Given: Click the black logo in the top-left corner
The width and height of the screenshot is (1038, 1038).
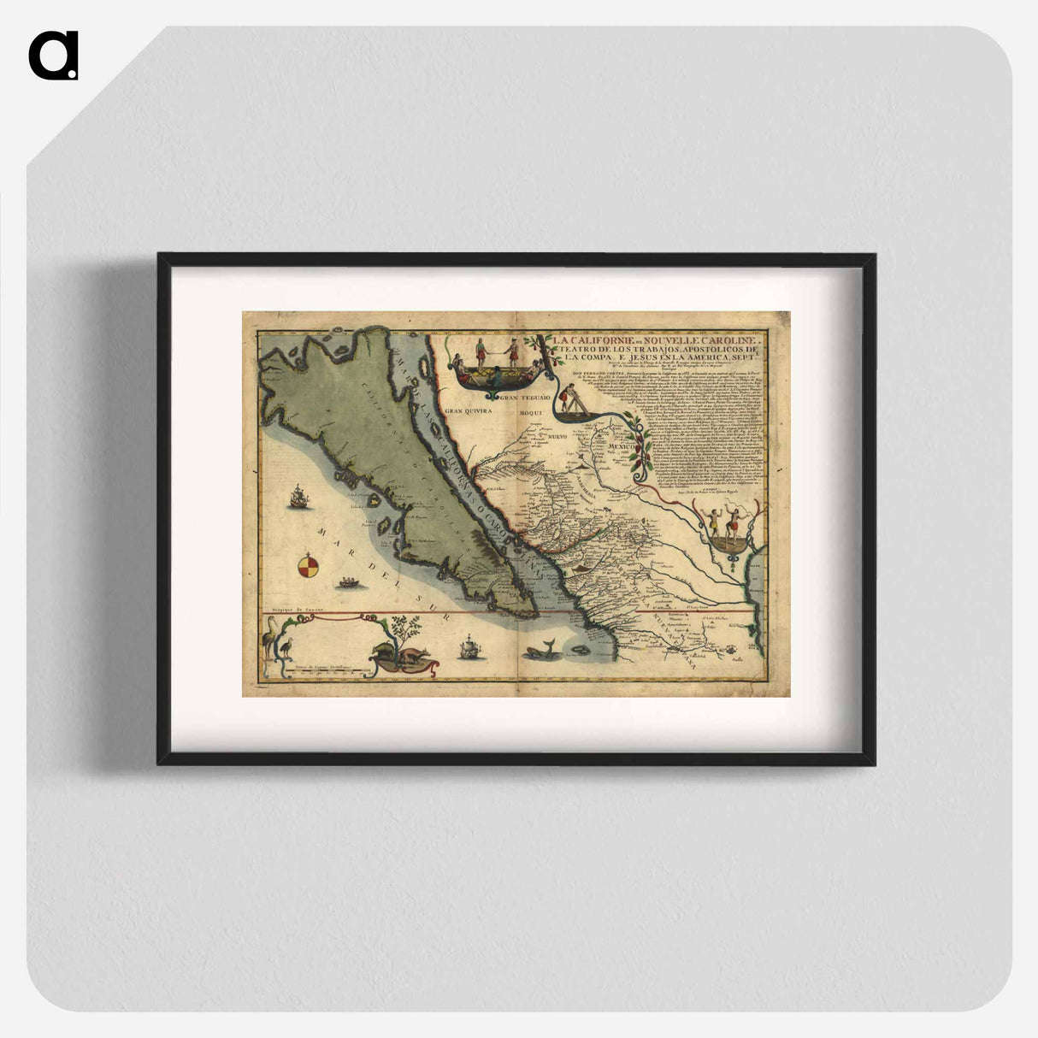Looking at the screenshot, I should click(x=53, y=56).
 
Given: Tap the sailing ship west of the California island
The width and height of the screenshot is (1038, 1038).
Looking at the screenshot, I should click(x=298, y=495).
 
